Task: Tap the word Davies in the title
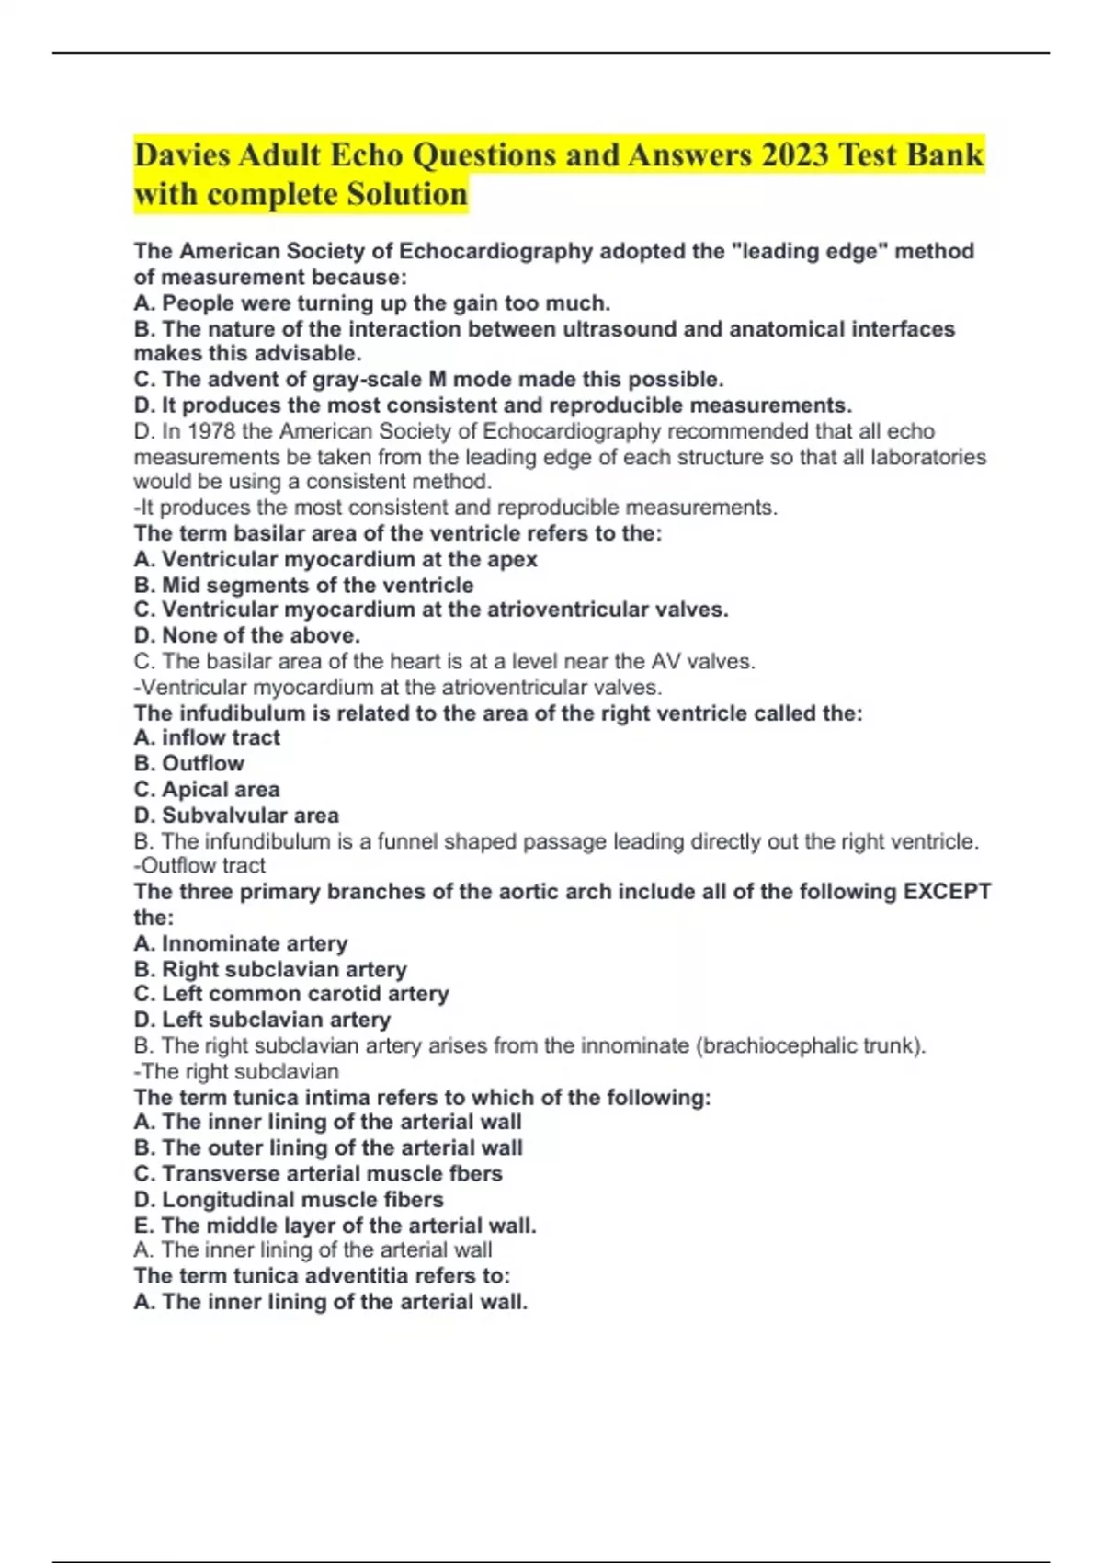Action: pos(182,154)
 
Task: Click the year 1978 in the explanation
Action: pos(211,431)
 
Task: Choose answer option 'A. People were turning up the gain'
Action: pos(371,302)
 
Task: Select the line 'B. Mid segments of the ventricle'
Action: pos(303,585)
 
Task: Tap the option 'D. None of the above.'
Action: pos(246,635)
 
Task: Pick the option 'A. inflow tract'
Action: pos(207,737)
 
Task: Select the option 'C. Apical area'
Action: pos(207,789)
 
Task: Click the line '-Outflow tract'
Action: pos(199,865)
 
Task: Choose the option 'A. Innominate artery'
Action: pos(241,943)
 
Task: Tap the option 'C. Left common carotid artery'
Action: pos(291,994)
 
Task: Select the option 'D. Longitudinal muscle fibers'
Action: pos(289,1199)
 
